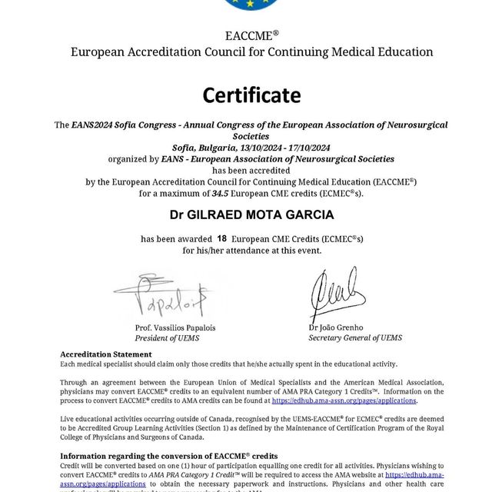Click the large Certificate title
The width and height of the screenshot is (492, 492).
pyautogui.click(x=251, y=95)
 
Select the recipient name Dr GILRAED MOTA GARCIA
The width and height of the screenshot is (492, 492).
pyautogui.click(x=251, y=214)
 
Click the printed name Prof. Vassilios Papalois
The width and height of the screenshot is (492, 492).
pyautogui.click(x=175, y=327)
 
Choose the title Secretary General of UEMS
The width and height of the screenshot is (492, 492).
pyautogui.click(x=354, y=338)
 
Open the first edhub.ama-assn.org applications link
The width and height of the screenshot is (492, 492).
pyautogui.click(x=344, y=401)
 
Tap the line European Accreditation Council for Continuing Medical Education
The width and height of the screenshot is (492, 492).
pyautogui.click(x=251, y=52)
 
